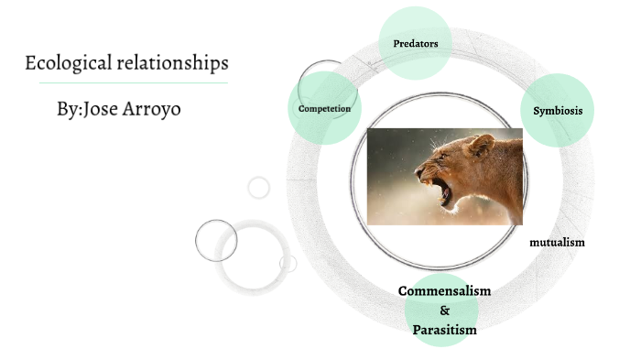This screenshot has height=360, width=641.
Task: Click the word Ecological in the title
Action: click(x=66, y=64)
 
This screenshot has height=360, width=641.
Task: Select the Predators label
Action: click(x=415, y=43)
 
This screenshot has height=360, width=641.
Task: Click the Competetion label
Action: click(x=324, y=108)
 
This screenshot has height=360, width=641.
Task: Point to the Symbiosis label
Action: click(x=558, y=110)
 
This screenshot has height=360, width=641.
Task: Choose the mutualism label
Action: click(x=557, y=243)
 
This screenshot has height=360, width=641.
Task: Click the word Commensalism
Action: click(x=444, y=291)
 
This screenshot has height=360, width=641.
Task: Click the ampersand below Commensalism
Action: click(x=445, y=311)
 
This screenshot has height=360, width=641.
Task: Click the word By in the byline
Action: click(x=67, y=108)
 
